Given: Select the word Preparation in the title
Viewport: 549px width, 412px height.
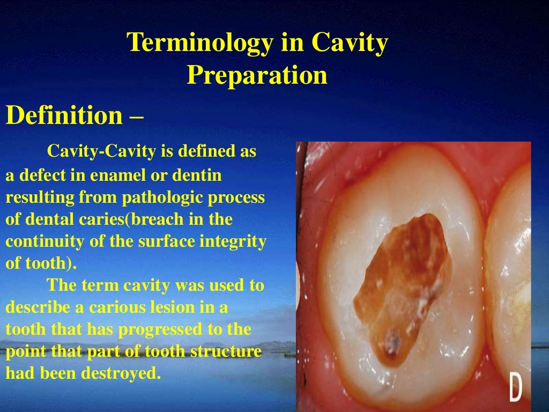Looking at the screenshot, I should pyautogui.click(x=257, y=75).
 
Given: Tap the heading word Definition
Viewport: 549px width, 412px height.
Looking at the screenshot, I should pyautogui.click(x=64, y=115).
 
